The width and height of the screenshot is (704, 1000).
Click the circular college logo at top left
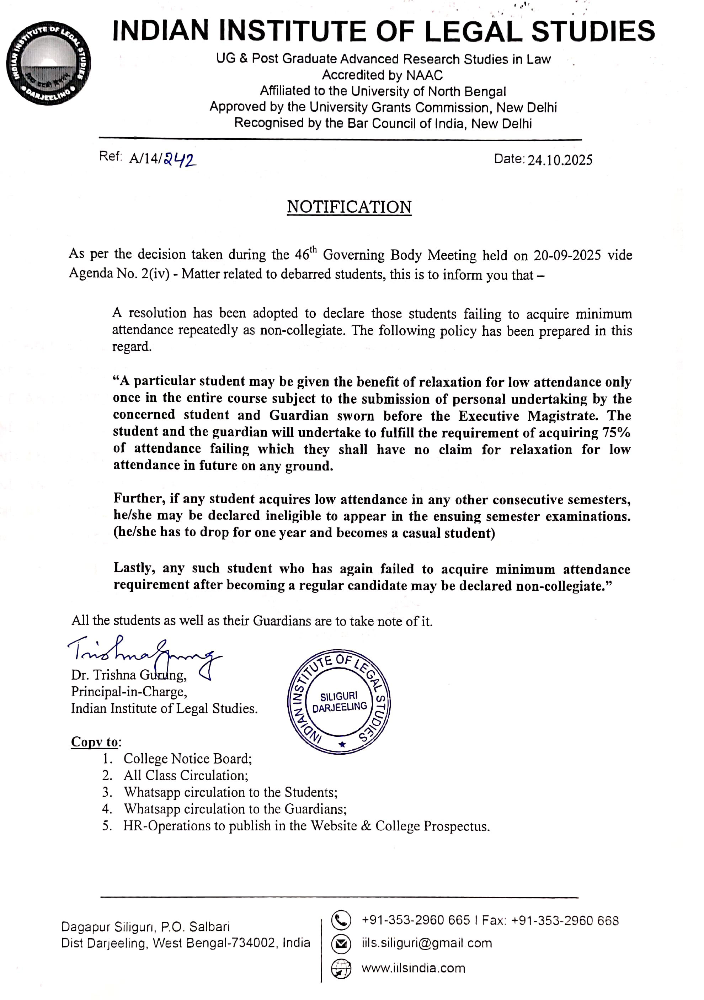tap(48, 63)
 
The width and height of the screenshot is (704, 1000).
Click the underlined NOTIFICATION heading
tap(349, 207)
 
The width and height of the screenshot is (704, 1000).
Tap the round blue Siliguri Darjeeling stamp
tap(339, 702)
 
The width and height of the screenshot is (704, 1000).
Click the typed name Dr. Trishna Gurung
tap(129, 675)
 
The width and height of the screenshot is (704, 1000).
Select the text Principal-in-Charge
tap(129, 692)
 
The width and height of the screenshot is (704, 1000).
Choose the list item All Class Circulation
tap(186, 775)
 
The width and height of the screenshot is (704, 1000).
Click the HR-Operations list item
tap(306, 826)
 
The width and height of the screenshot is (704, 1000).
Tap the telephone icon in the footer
tap(341, 920)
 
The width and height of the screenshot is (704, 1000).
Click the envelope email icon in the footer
tap(341, 944)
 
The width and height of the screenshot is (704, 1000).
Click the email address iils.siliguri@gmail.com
tap(427, 943)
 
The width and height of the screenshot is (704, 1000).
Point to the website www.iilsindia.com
tap(413, 968)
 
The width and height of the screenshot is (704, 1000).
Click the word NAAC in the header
tap(424, 75)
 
